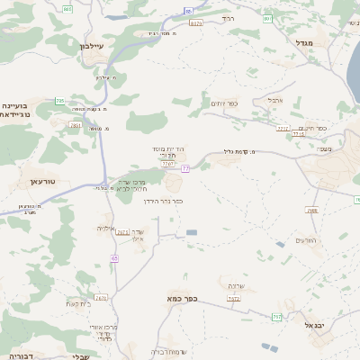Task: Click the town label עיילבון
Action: point(93,46)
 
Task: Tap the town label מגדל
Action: point(302,42)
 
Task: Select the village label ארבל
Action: point(275,100)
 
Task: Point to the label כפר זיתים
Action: point(224,103)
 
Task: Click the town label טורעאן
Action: point(31,182)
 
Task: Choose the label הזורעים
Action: point(308,240)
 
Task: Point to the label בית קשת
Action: point(78,303)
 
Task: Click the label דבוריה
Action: point(18,356)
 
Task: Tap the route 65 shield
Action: point(114,258)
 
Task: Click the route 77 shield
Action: point(184,168)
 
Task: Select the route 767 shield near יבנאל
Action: point(276,318)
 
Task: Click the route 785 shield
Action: point(59,101)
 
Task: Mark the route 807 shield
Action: point(267,18)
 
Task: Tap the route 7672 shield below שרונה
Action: point(234,299)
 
